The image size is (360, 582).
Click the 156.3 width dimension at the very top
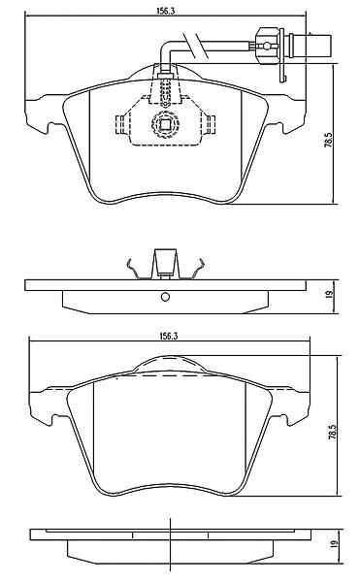coord(165,11)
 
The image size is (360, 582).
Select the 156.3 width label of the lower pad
coord(169,336)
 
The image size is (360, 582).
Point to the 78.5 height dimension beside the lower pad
coord(333,432)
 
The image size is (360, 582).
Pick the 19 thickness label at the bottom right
coord(334,543)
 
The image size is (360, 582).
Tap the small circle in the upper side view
coord(166,297)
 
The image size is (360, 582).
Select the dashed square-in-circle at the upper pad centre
coord(165,123)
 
